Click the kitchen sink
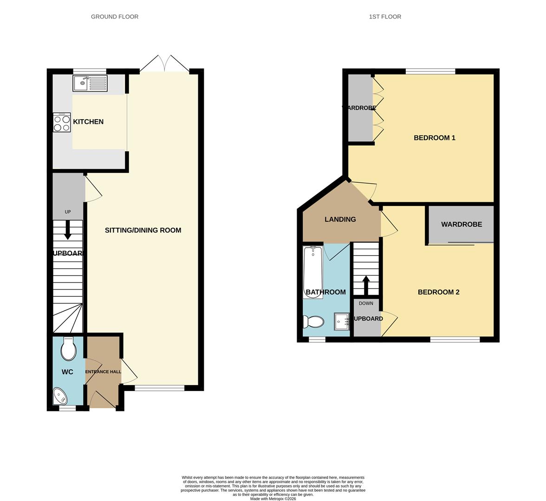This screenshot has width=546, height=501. click(90, 83)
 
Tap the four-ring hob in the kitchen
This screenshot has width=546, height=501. click(62, 123)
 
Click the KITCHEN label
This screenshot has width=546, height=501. click(88, 122)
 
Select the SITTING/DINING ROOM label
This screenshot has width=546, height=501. click(143, 230)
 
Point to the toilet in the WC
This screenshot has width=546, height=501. click(68, 349)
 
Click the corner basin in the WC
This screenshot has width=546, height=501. click(60, 396)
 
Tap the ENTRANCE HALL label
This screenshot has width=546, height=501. click(103, 372)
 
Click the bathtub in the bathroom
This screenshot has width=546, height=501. click(313, 268)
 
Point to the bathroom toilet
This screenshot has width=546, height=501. click(313, 321)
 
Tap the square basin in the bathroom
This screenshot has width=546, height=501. click(342, 321)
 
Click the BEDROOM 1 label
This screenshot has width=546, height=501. click(434, 138)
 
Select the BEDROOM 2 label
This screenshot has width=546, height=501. click(438, 292)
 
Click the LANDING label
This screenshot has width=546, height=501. click(340, 219)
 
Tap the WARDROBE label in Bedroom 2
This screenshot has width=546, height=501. click(461, 224)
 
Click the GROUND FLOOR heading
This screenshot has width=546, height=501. click(115, 17)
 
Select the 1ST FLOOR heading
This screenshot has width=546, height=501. click(385, 17)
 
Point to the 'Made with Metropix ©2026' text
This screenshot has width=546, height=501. click(273, 499)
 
